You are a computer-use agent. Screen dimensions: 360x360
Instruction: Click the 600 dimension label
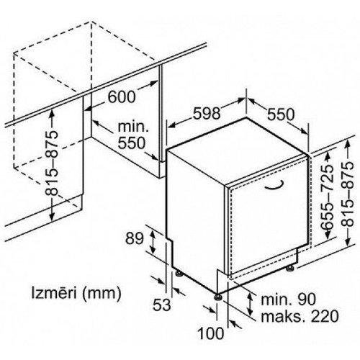122,97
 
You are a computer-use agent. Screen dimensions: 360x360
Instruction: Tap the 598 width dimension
207,113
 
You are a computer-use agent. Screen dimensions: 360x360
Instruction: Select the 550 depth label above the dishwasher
281,114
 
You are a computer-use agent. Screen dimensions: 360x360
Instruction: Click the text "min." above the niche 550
133,127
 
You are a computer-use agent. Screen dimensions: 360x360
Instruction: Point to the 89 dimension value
134,238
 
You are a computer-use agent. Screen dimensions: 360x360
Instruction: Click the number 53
162,305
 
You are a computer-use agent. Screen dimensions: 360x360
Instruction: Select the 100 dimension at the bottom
210,333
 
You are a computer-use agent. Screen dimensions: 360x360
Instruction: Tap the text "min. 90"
288,300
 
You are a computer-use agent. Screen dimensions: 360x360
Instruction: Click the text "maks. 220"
300,316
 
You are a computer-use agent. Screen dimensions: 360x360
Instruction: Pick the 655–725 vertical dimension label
328,196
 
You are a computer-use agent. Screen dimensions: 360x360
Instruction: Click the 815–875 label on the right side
348,194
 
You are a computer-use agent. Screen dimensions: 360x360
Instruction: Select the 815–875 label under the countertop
52,163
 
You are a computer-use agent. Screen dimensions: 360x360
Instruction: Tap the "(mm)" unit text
101,294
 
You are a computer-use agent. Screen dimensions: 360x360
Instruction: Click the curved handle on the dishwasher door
274,186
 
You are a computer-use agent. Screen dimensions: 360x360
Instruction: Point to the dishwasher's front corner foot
218,297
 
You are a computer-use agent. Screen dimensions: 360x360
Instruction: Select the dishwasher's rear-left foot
179,274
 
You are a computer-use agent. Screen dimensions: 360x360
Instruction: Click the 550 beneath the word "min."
132,143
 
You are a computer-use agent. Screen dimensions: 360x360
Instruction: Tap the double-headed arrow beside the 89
152,241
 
